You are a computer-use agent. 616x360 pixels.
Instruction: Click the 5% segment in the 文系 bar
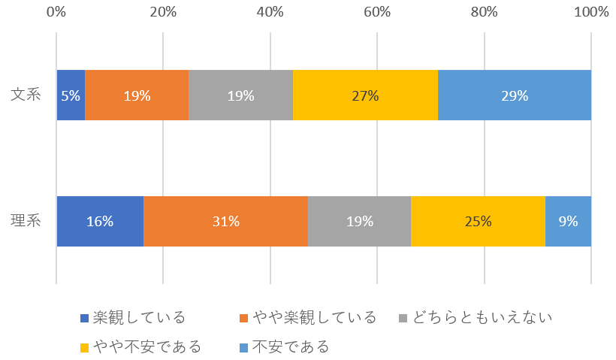(x=71, y=95)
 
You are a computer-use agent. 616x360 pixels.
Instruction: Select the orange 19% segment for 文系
(x=137, y=95)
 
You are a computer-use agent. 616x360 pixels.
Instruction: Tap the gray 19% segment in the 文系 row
(x=240, y=95)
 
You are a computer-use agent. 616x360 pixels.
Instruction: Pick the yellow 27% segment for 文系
(x=365, y=95)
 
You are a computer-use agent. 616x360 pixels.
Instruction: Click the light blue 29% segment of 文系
(x=515, y=95)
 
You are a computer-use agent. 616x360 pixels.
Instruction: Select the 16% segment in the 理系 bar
(x=100, y=221)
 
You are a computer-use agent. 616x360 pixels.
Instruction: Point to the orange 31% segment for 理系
(x=225, y=221)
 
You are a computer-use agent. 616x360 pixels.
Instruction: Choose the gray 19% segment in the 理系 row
(x=359, y=221)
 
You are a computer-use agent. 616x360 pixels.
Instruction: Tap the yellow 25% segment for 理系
(x=478, y=221)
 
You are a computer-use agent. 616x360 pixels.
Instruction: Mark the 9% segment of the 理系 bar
(x=568, y=221)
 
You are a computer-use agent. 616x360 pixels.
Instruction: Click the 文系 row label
(x=25, y=95)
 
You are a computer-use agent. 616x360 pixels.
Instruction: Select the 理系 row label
(x=25, y=221)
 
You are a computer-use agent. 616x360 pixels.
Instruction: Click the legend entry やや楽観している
(x=308, y=317)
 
